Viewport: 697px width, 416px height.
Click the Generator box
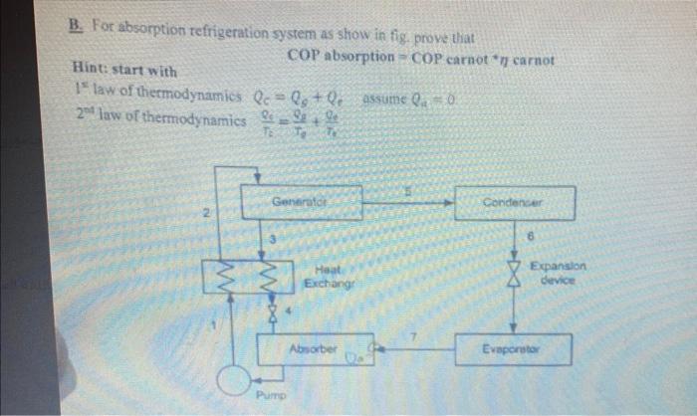click(309, 203)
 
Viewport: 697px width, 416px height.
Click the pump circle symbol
click(237, 382)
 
